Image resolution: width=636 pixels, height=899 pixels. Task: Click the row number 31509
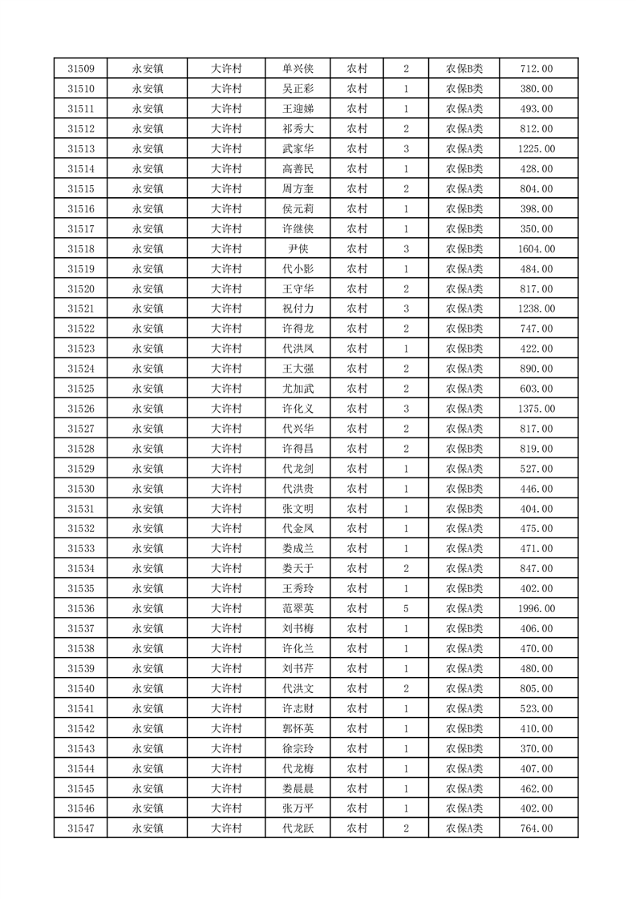coord(81,69)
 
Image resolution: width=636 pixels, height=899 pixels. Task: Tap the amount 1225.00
coord(537,149)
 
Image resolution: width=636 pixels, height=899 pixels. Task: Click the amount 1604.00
coord(537,249)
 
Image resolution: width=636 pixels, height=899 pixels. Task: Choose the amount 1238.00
coord(537,309)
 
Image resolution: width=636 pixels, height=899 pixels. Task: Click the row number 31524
coord(81,369)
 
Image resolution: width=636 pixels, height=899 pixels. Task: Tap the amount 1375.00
coord(537,409)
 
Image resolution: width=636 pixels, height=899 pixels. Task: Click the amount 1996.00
coord(537,609)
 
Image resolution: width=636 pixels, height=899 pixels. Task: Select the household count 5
coord(407,609)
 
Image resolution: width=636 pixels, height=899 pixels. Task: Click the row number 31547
coord(81,828)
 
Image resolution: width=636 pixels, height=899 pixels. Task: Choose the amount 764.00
coord(537,828)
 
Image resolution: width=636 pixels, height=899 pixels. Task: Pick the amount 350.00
coord(537,229)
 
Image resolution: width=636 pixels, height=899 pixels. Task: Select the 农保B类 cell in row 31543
coord(464,748)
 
